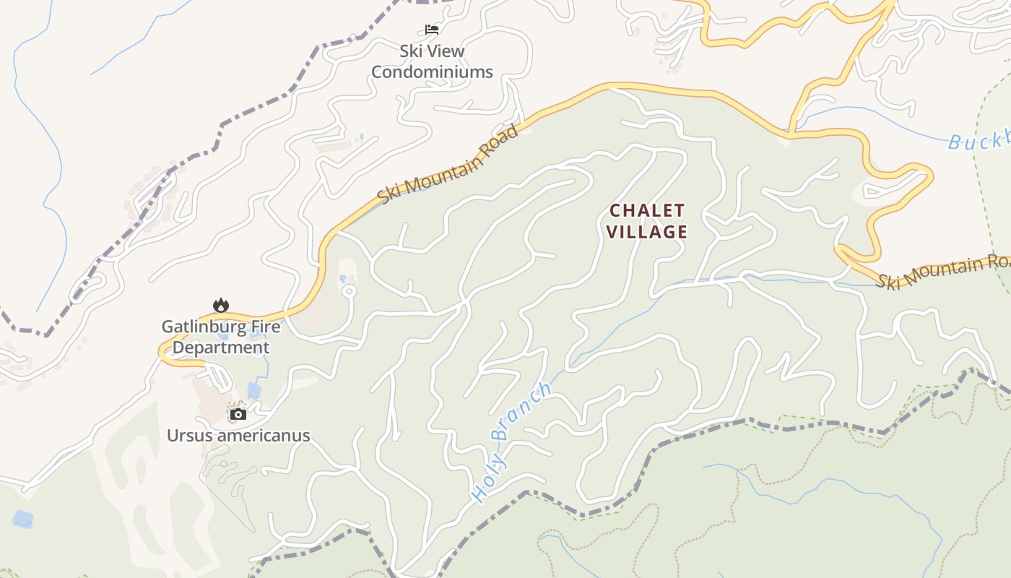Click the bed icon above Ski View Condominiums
tap(432, 30)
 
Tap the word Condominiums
tap(432, 72)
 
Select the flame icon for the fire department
tap(220, 306)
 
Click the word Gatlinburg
tap(199, 327)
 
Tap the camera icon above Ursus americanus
tap(238, 414)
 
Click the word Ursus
tap(189, 436)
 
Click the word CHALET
tap(647, 211)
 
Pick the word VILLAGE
tap(647, 232)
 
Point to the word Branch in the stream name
tap(521, 411)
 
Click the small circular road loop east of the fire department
tap(349, 291)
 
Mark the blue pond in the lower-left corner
tap(22, 519)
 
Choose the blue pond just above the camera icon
tap(253, 391)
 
